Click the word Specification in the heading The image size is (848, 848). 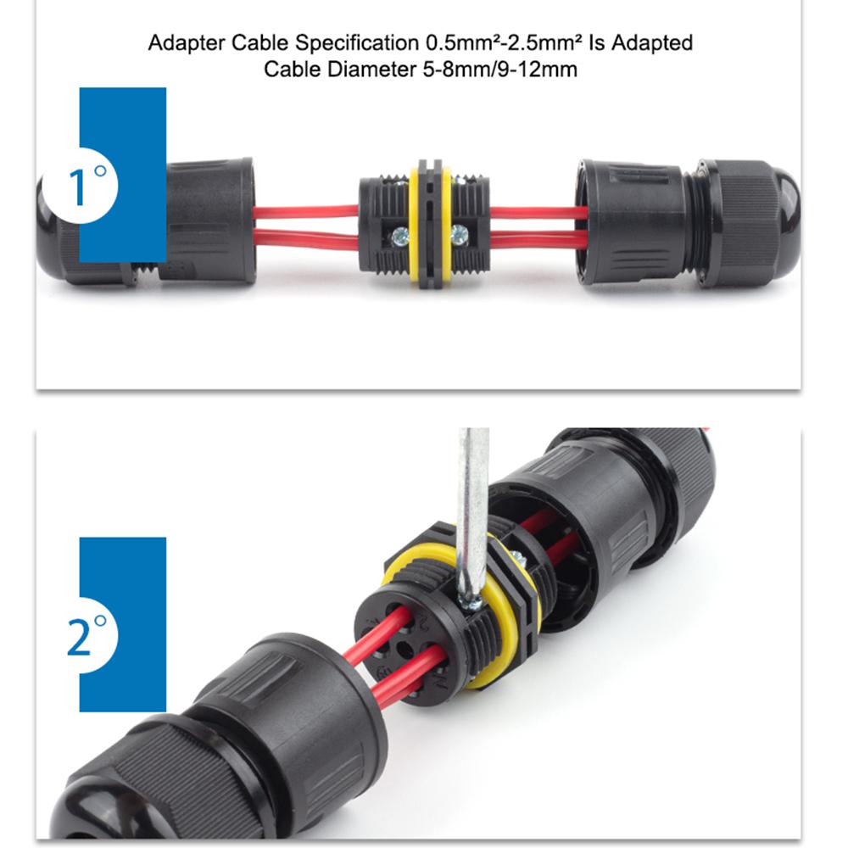point(342,43)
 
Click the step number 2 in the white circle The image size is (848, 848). point(79,638)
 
